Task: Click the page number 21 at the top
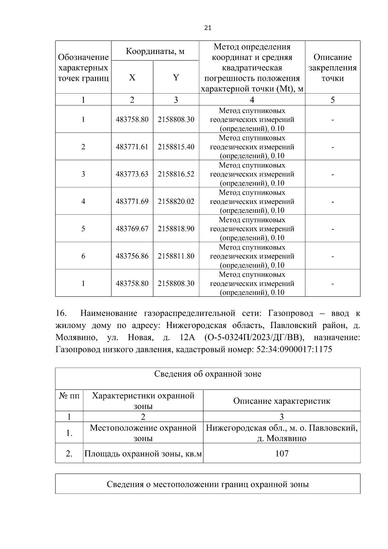click(x=208, y=28)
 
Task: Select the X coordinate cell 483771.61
click(x=132, y=147)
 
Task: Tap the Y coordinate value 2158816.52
click(x=176, y=174)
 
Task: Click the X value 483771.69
click(x=132, y=201)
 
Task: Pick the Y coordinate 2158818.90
click(x=176, y=229)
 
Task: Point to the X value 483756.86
click(x=132, y=256)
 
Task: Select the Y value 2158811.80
click(x=176, y=256)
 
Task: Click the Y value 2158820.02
click(x=176, y=201)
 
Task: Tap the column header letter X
click(x=132, y=78)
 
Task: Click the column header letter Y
click(x=176, y=78)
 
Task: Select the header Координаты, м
click(x=155, y=51)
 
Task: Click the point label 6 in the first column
click(x=83, y=256)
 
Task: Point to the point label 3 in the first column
click(x=83, y=174)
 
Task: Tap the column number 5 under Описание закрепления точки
click(x=332, y=100)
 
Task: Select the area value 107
click(x=282, y=453)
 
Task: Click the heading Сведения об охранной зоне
click(x=208, y=374)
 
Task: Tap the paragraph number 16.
click(x=61, y=313)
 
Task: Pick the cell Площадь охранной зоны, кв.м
click(x=143, y=454)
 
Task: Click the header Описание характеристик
click(x=282, y=401)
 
